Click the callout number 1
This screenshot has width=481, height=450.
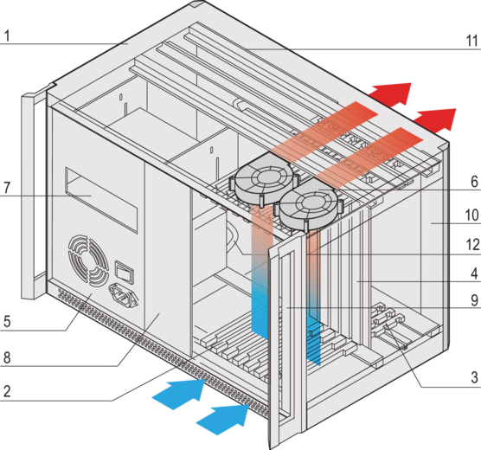click(x=8, y=36)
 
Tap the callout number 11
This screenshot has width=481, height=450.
click(x=472, y=41)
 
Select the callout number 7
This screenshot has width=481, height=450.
click(x=7, y=188)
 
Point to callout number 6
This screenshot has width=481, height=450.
click(x=475, y=182)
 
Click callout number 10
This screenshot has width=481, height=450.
click(x=472, y=215)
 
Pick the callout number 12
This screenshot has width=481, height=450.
click(x=472, y=245)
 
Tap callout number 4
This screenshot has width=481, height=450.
click(x=475, y=273)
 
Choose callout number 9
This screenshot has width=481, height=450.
click(x=475, y=300)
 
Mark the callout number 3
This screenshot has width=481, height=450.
click(x=475, y=377)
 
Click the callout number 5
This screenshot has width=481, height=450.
click(x=7, y=321)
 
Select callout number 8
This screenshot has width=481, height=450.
click(x=7, y=357)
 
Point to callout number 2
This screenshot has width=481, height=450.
click(x=7, y=391)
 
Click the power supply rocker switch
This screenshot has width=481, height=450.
click(x=125, y=272)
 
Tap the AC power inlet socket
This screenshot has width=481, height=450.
click(x=123, y=295)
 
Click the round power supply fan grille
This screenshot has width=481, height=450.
click(x=88, y=261)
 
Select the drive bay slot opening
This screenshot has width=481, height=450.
click(x=101, y=200)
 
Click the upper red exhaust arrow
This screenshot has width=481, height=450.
click(x=390, y=93)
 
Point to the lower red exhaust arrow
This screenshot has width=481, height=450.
click(x=435, y=119)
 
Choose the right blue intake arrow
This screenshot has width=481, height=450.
click(x=223, y=420)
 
